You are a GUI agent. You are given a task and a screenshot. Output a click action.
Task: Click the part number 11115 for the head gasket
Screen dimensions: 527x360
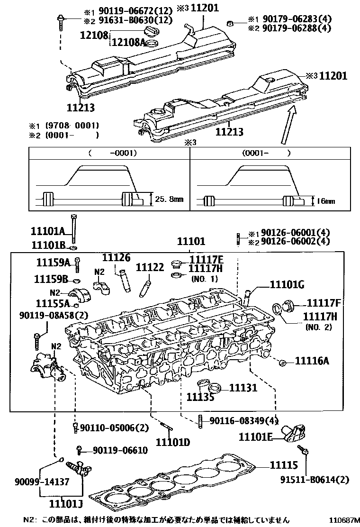[x=284, y=465]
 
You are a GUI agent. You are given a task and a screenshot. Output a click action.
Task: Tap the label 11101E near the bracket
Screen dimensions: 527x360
[x=255, y=437]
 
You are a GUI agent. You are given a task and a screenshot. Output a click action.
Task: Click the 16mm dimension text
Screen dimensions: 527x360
[x=325, y=201]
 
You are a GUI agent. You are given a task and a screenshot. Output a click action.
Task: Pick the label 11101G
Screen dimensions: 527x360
[x=287, y=284]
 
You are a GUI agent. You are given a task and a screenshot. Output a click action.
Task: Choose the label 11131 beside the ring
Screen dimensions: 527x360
[x=243, y=388]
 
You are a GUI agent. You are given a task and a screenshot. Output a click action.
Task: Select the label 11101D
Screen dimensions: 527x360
[x=173, y=443]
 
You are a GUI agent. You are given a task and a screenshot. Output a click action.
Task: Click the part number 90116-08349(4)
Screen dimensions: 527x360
[x=243, y=420]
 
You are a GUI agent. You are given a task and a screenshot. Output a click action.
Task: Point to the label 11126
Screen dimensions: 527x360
[x=116, y=258]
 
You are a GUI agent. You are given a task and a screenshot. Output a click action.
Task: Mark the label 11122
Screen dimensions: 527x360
[x=150, y=267]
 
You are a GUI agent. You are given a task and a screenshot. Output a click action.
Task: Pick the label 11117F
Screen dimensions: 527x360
[x=324, y=303]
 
